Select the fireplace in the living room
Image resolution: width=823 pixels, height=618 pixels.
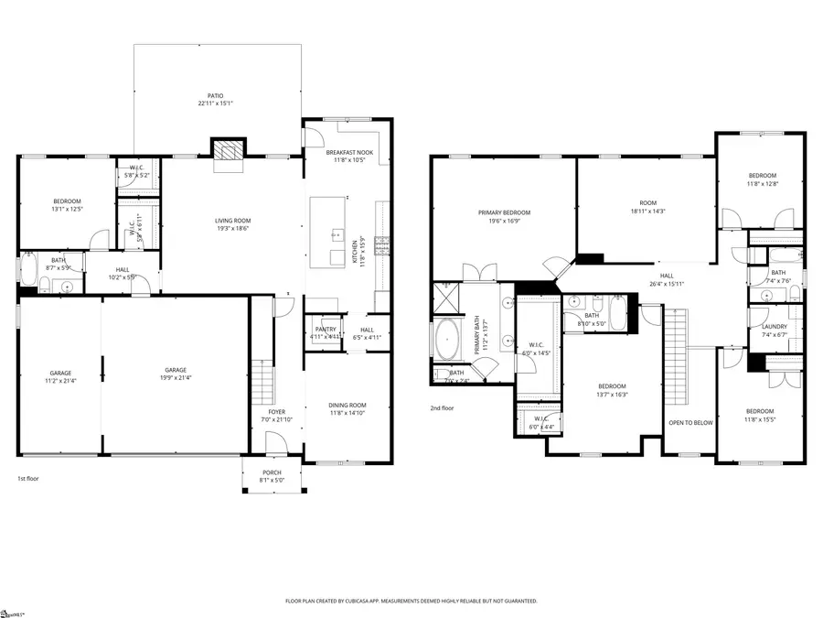pos(229,149)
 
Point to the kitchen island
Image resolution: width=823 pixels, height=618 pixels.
pos(327,232)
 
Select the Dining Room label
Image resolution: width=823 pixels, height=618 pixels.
pos(347,408)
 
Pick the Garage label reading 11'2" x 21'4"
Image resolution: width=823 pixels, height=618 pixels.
pos(60,376)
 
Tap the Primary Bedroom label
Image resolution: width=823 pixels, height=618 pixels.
pos(504,216)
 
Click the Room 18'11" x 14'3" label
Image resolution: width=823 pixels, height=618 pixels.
pos(647,206)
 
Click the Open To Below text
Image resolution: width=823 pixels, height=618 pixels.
pos(690,423)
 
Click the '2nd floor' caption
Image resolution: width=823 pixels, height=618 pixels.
pos(442,407)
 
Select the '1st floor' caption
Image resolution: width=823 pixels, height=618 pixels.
pos(28,478)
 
